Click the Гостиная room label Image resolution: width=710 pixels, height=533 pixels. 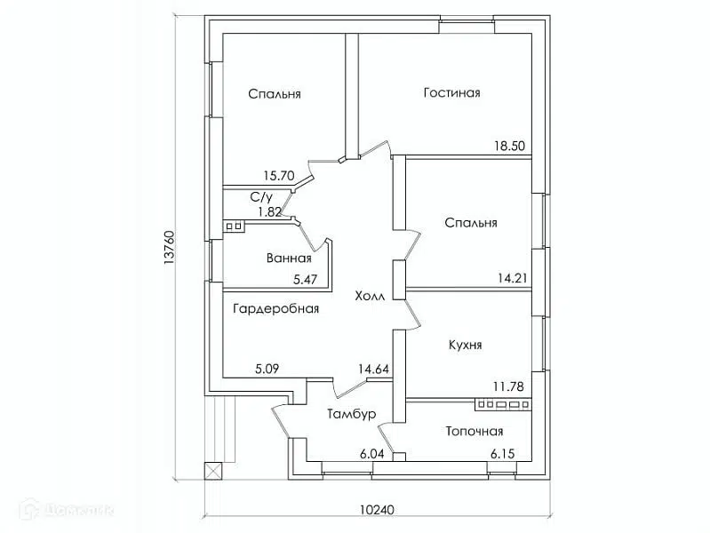coord(452,93)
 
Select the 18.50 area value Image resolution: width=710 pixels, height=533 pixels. coord(509,146)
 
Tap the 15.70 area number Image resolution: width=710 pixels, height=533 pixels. coord(279,175)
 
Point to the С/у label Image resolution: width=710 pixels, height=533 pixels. coord(261,197)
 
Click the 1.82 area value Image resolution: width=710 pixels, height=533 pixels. coord(270,211)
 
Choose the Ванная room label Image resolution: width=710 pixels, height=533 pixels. coord(289,259)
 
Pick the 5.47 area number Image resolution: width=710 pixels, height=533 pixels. coord(305,280)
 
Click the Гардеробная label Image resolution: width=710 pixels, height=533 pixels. coord(275,309)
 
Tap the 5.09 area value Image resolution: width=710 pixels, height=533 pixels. coord(267,369)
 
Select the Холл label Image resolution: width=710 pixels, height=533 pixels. coord(370,296)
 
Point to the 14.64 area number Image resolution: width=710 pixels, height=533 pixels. coord(373,369)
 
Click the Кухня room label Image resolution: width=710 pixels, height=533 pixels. coord(465,345)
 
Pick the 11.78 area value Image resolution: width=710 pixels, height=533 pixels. coord(508,386)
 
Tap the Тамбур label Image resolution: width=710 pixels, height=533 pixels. coord(351,414)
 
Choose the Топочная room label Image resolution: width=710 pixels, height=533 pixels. coord(475,431)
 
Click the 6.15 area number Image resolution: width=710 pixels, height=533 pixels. coord(503,453)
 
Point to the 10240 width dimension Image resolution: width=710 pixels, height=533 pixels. coord(377,509)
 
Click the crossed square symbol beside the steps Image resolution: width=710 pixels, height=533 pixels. coord(214,471)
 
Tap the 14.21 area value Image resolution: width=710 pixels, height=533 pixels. coord(513,277)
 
